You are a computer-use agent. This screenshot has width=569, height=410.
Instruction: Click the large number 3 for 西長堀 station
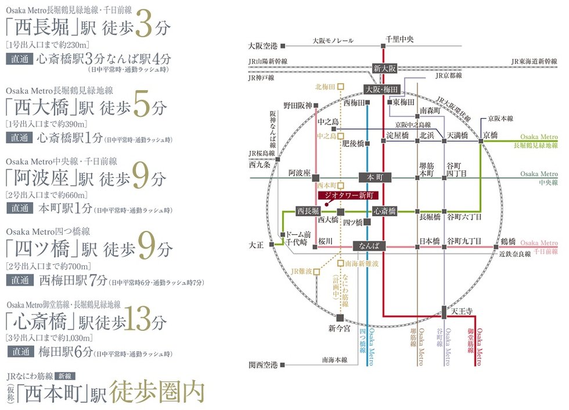[x=144, y=23]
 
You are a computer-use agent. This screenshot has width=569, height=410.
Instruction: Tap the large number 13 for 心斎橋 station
[x=138, y=319]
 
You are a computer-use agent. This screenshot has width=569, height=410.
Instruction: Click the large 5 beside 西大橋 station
[x=142, y=104]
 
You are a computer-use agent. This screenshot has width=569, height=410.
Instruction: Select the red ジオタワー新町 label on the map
[x=348, y=195]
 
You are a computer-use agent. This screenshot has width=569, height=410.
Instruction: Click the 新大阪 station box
[x=384, y=68]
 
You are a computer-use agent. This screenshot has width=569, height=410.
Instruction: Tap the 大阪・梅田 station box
[x=381, y=90]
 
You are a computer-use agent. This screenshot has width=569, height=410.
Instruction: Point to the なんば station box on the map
[x=369, y=245]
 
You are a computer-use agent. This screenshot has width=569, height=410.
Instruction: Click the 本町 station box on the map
[x=375, y=177]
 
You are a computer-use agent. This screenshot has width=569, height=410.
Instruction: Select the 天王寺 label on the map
[x=462, y=312]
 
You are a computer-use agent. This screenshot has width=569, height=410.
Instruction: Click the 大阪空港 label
[x=262, y=46]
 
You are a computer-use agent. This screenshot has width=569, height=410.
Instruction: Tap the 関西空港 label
[x=263, y=365]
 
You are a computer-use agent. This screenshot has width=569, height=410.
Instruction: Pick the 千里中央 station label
[x=399, y=40]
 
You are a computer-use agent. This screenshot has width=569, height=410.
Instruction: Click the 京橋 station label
[x=491, y=135]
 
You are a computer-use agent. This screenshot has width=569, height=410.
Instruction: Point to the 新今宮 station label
[x=339, y=329]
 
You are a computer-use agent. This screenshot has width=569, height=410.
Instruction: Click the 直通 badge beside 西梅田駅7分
[x=20, y=280]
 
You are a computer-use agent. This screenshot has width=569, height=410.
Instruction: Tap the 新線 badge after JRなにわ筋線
[x=65, y=376]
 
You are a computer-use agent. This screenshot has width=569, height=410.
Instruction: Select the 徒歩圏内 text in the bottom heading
[x=157, y=392]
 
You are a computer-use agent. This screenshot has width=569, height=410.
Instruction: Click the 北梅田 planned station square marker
[x=340, y=87]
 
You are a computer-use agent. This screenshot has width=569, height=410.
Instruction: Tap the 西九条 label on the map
[x=260, y=165]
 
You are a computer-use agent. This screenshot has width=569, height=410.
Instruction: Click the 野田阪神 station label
[x=298, y=106]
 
